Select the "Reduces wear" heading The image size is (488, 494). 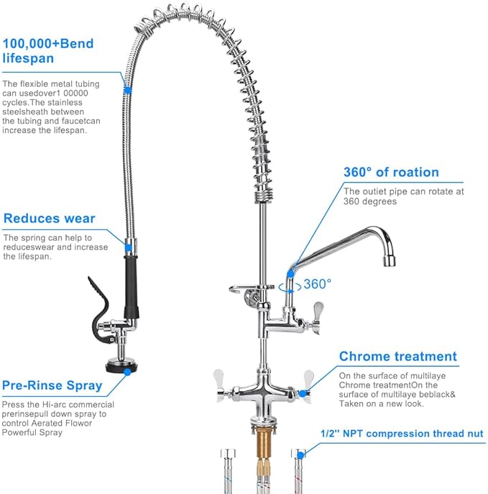49,219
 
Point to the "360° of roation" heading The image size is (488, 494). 390,172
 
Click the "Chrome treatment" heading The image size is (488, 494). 397,356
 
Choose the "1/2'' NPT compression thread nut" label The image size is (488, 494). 402,434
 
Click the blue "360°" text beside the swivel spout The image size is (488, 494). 317,283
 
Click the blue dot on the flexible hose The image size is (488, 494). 127,91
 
